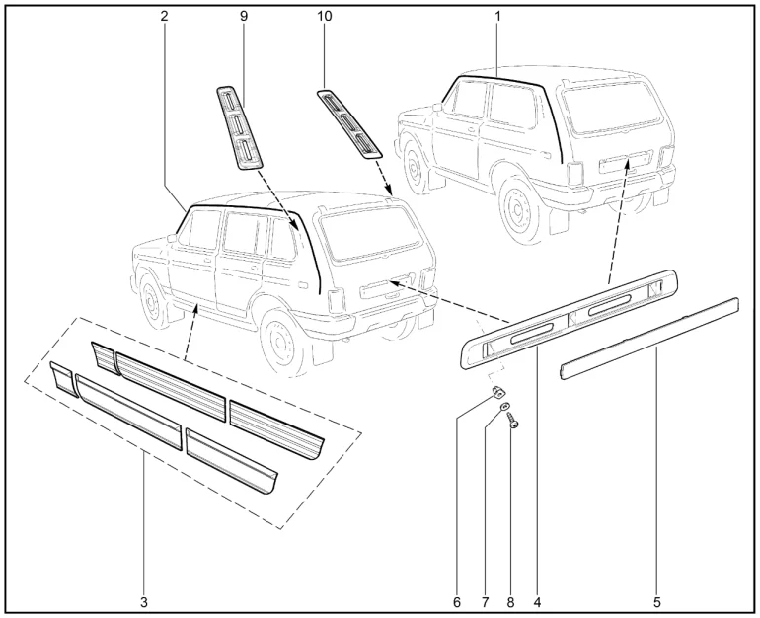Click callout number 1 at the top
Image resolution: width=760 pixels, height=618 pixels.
pyautogui.click(x=497, y=16)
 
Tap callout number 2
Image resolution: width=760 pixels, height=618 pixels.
pyautogui.click(x=164, y=16)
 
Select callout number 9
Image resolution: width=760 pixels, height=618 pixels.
pyautogui.click(x=244, y=16)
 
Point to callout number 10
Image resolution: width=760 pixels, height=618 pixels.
pyautogui.click(x=325, y=16)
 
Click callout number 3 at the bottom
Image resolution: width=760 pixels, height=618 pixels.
pyautogui.click(x=144, y=602)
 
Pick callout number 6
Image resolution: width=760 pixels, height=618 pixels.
pyautogui.click(x=457, y=602)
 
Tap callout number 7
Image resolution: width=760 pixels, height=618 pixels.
pyautogui.click(x=486, y=602)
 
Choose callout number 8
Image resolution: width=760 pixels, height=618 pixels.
pyautogui.click(x=510, y=602)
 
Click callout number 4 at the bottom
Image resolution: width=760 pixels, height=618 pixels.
pyautogui.click(x=537, y=602)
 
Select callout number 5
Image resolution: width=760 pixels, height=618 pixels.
pyautogui.click(x=657, y=602)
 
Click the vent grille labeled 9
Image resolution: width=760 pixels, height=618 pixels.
pyautogui.click(x=239, y=128)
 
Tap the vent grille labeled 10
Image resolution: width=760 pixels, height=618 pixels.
pyautogui.click(x=349, y=123)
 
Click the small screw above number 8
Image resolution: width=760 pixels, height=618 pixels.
pyautogui.click(x=512, y=420)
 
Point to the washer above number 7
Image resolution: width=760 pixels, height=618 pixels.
pyautogui.click(x=505, y=406)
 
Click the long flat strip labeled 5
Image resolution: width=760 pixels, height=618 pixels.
pyautogui.click(x=649, y=339)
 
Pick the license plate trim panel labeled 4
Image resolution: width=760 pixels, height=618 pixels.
pyautogui.click(x=569, y=320)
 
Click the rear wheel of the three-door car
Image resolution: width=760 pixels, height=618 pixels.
pyautogui.click(x=519, y=209)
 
